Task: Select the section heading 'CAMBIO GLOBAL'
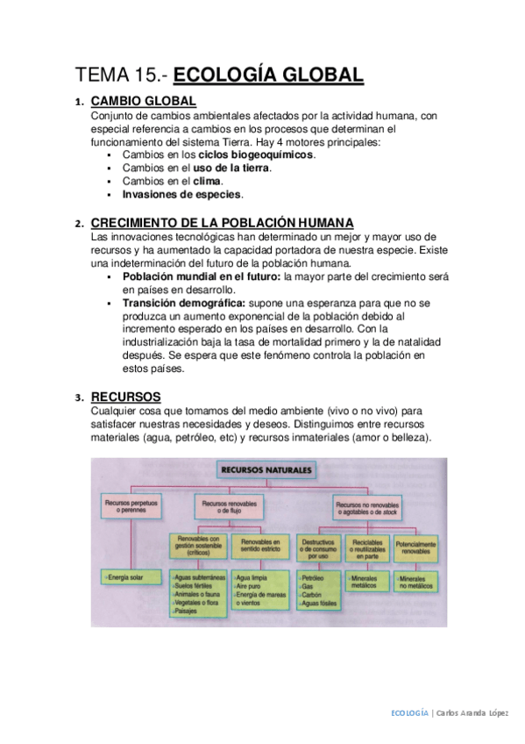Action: click(143, 102)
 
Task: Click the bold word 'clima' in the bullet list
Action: click(207, 181)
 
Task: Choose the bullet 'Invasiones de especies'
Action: click(182, 194)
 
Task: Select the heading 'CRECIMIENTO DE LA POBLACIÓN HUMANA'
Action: click(223, 223)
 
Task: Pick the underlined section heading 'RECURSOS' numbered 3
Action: click(125, 397)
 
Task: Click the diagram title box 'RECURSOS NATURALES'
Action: click(266, 471)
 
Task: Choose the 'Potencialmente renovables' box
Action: click(415, 547)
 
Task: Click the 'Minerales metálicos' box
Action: click(364, 583)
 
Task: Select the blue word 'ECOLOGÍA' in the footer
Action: click(409, 713)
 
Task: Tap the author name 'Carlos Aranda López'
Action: click(472, 713)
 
